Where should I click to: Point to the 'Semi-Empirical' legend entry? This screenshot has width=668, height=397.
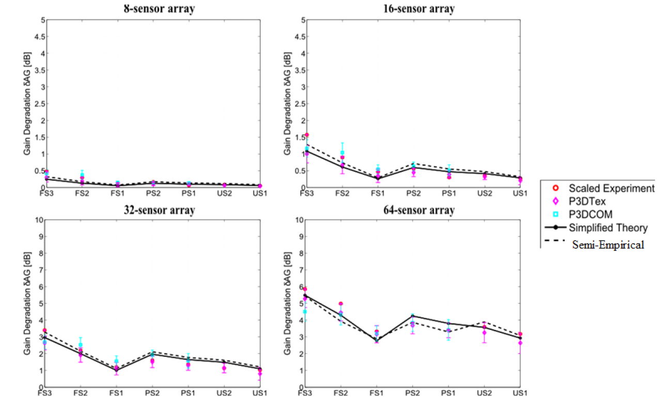[x=608, y=245]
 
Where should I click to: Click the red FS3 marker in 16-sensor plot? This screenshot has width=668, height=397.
[x=306, y=135]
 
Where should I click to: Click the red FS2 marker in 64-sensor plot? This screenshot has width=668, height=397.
[x=341, y=304]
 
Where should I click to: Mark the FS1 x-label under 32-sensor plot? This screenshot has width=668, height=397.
[x=116, y=393]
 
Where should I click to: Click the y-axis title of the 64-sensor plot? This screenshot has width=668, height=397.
[x=287, y=303]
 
